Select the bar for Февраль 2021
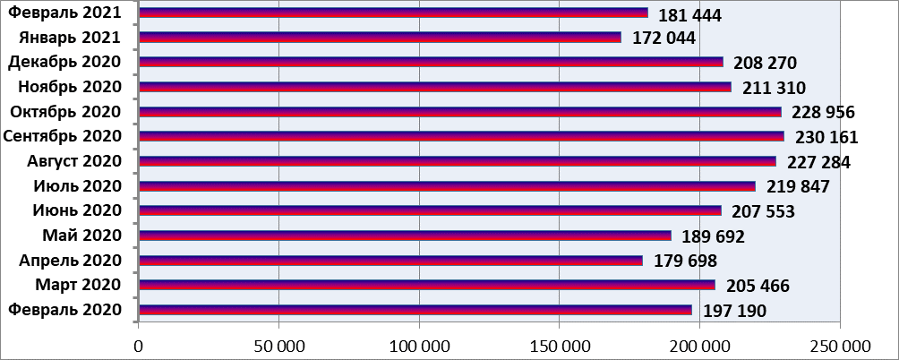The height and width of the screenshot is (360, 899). pos(394,13)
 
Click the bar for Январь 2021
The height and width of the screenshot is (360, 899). pos(381,38)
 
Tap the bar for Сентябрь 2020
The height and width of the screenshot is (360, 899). pos(462,136)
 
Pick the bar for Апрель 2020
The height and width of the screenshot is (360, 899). pos(391,261)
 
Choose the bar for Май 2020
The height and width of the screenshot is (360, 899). pos(406,236)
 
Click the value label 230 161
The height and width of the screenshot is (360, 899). pos(821,138)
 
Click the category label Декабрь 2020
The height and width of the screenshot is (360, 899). pos(64,62)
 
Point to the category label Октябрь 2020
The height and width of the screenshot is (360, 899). pos(64,112)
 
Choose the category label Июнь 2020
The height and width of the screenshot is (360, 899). pos(76,210)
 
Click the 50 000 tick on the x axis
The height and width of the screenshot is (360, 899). pos(278,344)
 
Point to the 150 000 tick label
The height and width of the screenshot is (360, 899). pos(559,344)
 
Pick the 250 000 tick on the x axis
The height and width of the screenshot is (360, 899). pos(839,344)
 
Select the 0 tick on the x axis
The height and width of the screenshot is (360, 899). pos(139,344)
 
